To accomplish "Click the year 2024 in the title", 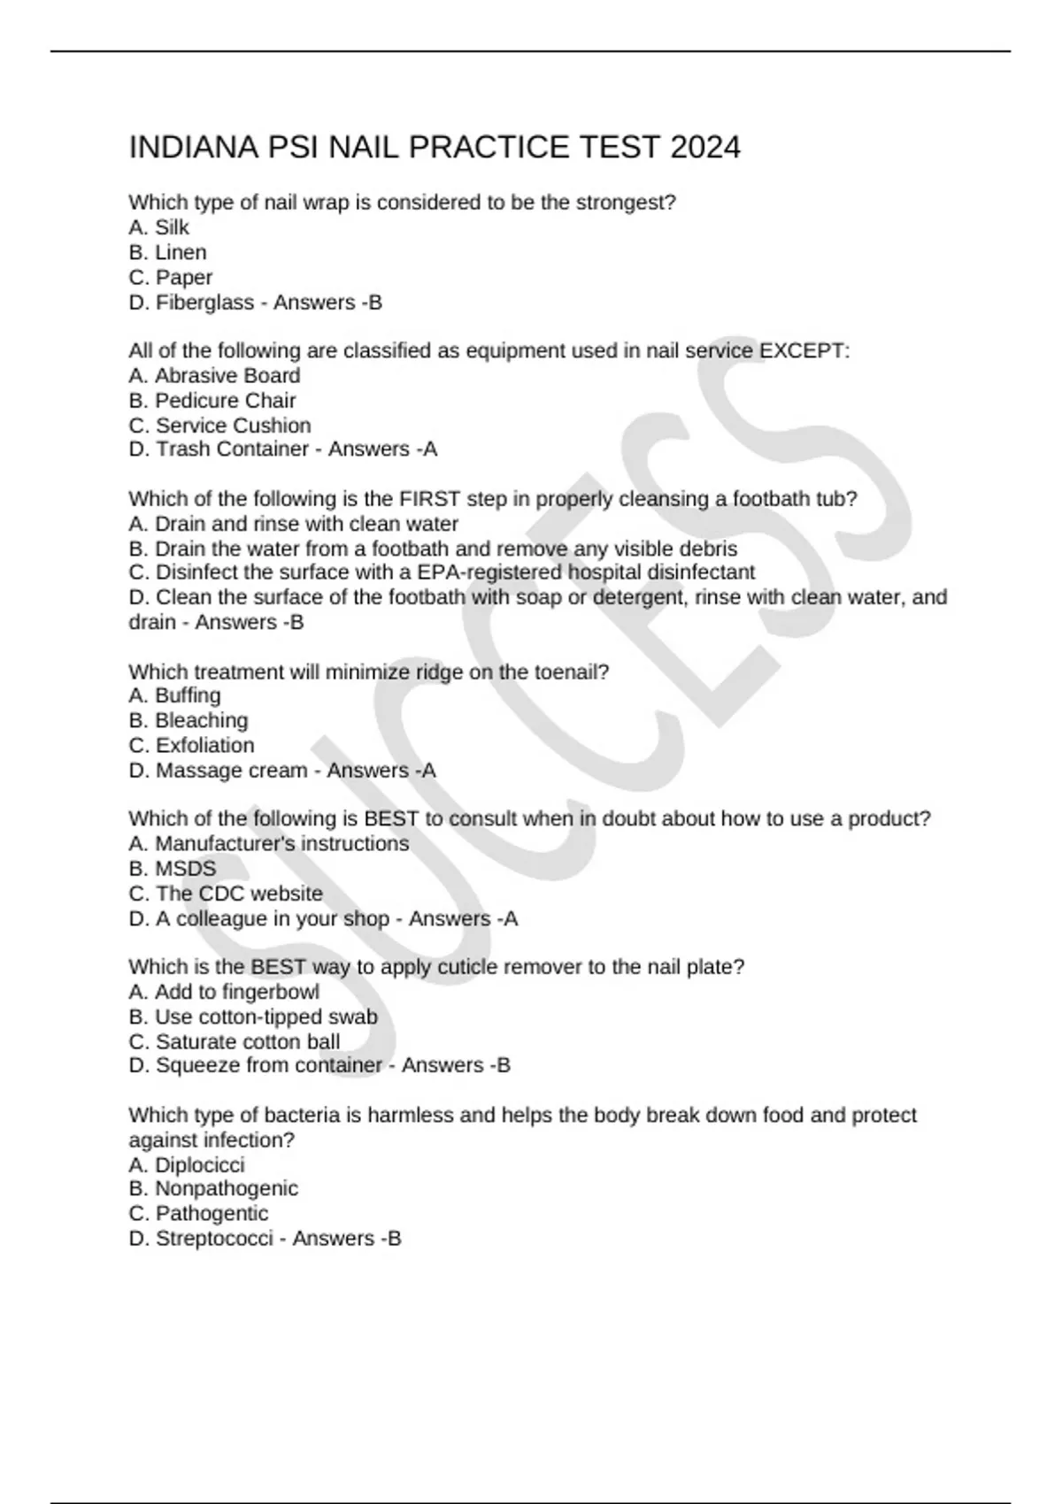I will tap(704, 147).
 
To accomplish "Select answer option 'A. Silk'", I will tap(158, 227).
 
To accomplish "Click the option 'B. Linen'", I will tap(167, 252).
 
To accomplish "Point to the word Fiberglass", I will tap(204, 303).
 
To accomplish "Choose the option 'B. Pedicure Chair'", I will tap(212, 401).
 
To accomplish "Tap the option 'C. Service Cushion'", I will tap(219, 426).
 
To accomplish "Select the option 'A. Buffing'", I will tap(174, 695).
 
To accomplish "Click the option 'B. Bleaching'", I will tap(188, 720).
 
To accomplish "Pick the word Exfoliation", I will tap(204, 745).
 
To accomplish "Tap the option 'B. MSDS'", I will tap(172, 869).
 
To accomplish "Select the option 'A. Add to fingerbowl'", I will tap(223, 992).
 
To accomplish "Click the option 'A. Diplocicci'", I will tap(186, 1164).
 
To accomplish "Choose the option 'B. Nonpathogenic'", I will tap(212, 1188).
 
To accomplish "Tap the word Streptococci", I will tap(214, 1239).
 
